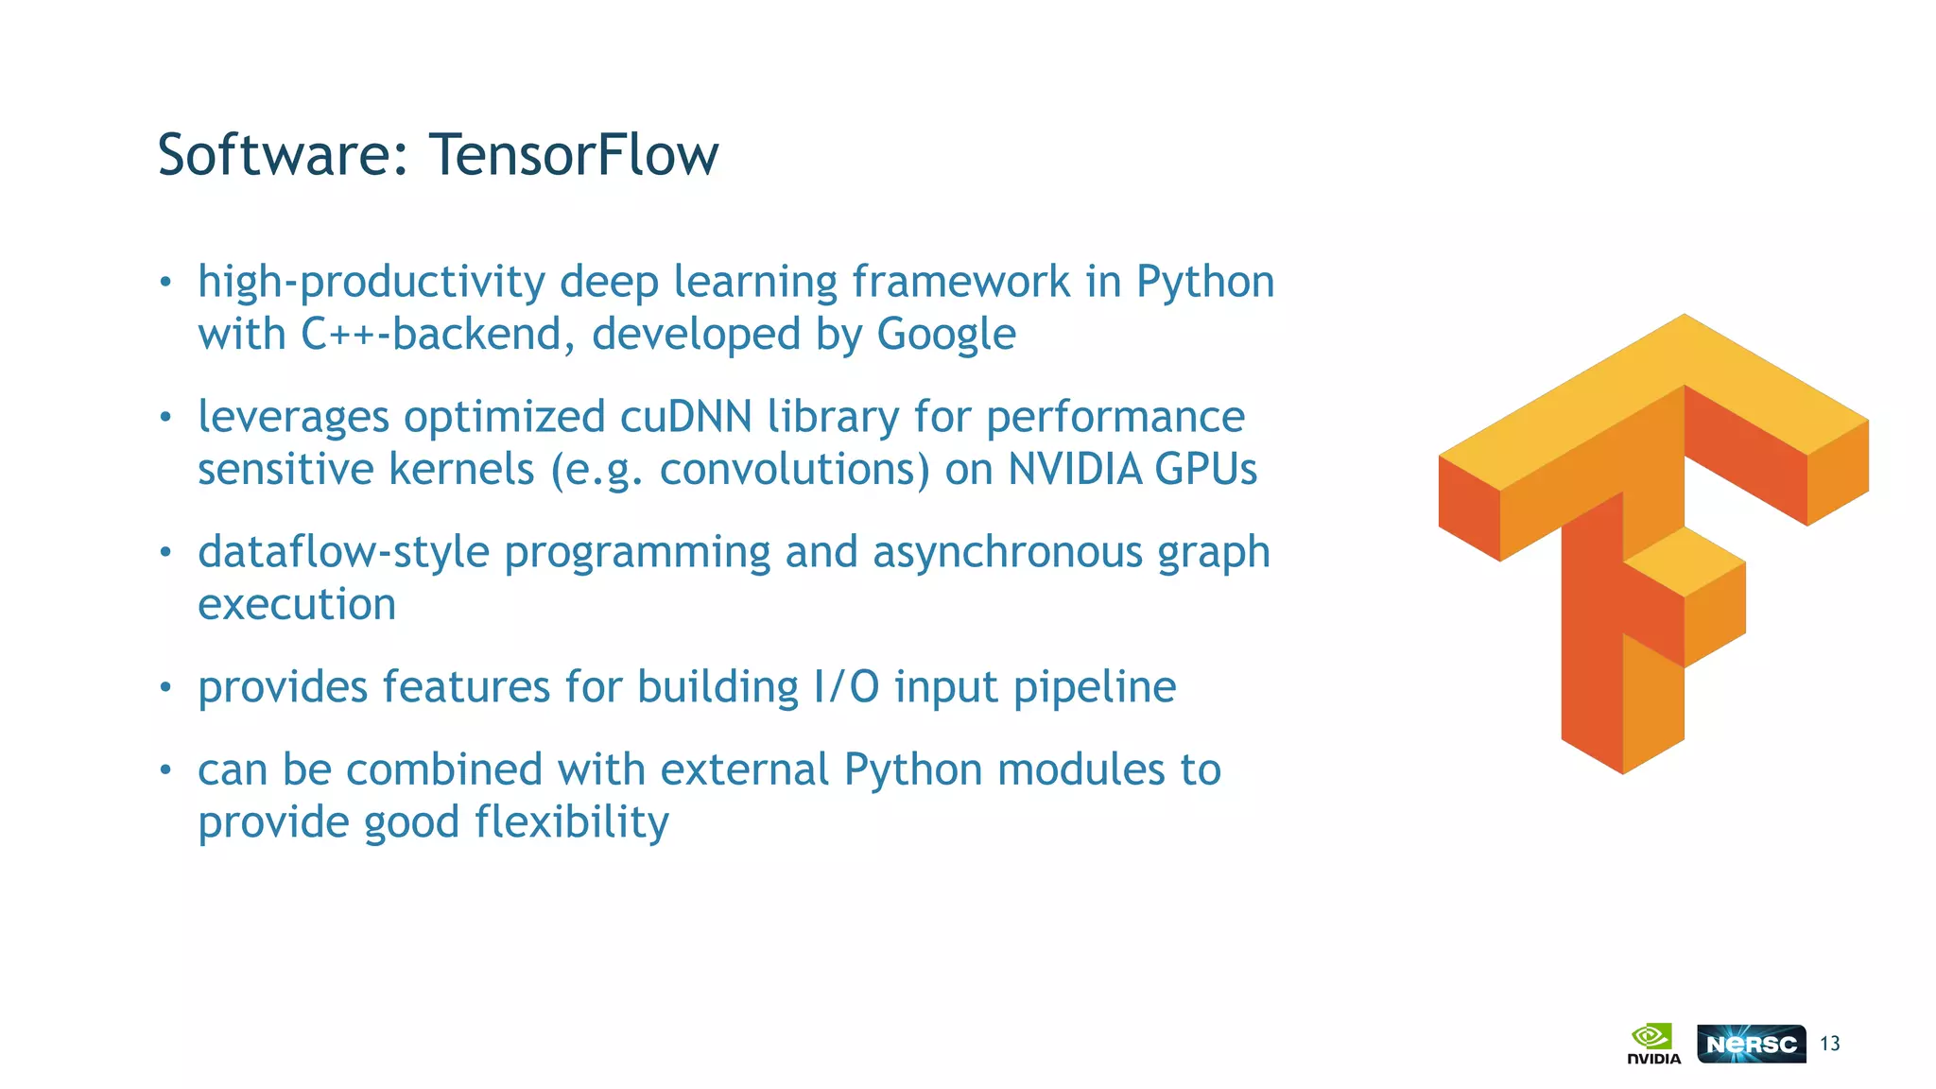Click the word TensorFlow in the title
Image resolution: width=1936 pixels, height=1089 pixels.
coord(573,154)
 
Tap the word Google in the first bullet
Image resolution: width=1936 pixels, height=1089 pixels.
coord(946,335)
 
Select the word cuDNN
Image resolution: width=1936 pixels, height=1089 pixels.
coord(686,417)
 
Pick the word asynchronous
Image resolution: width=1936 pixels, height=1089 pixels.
coord(1008,552)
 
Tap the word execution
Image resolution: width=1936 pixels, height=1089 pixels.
coord(297,605)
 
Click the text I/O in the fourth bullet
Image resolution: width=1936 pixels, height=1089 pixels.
coord(846,687)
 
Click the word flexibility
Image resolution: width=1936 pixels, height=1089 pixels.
coord(572,822)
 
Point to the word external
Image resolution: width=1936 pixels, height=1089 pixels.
coord(744,769)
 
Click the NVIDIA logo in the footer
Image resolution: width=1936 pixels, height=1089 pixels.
coord(1653,1044)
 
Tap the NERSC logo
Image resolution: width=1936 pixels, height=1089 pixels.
coord(1751,1044)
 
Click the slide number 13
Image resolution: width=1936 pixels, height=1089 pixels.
coord(1830,1044)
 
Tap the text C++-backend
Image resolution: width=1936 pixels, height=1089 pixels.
coord(431,335)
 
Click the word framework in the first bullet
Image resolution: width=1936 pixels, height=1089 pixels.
coord(960,282)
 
